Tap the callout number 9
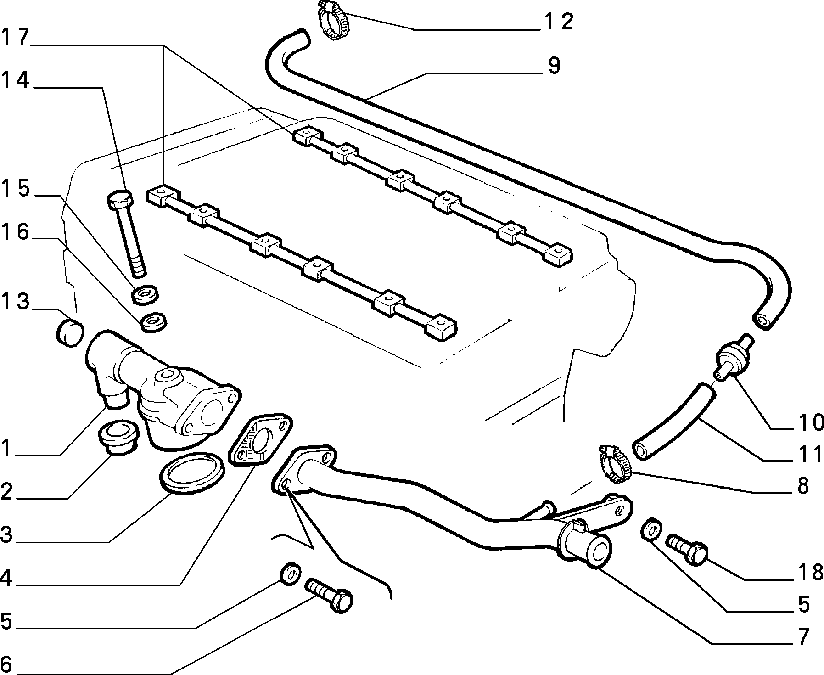(554, 66)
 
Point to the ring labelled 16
(153, 322)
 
